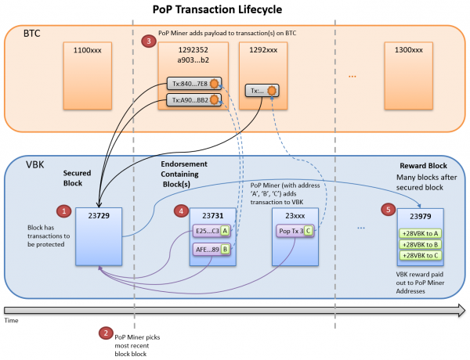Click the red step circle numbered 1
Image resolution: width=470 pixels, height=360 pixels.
tap(64, 211)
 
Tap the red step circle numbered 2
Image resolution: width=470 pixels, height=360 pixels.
tap(106, 333)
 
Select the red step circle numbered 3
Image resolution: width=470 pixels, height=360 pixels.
tap(149, 41)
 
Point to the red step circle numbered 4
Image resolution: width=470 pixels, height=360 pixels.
tap(182, 211)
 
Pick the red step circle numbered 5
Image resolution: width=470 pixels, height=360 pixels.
tap(389, 210)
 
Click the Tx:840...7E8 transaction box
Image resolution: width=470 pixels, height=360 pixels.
tap(194, 84)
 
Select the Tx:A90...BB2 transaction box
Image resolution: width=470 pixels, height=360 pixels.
tap(194, 100)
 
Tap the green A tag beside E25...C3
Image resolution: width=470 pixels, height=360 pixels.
tap(225, 231)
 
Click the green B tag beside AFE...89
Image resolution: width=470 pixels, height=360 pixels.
tap(225, 249)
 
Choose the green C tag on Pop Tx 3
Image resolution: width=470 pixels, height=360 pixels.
tap(308, 231)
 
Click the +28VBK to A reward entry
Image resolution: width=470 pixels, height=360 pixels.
tap(420, 234)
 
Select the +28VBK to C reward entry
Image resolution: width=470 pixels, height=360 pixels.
tap(420, 255)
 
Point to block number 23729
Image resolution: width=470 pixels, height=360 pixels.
tap(99, 216)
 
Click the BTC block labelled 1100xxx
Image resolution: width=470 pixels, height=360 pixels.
tap(88, 76)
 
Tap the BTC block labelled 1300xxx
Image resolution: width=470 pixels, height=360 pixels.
tap(409, 76)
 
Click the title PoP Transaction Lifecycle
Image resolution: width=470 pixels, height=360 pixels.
tap(217, 9)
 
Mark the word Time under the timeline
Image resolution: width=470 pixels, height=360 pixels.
tap(12, 320)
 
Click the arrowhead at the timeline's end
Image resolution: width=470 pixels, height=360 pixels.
tap(461, 310)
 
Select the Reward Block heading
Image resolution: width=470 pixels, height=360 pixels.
tap(423, 166)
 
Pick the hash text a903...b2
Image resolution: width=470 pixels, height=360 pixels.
tap(193, 60)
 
